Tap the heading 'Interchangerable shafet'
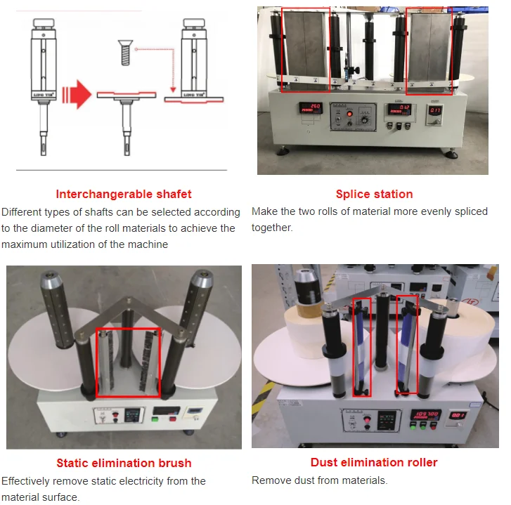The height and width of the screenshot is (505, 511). tap(124, 194)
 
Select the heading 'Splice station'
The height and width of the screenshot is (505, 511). tap(374, 194)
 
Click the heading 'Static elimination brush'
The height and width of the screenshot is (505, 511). tap(124, 463)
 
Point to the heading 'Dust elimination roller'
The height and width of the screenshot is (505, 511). tap(374, 462)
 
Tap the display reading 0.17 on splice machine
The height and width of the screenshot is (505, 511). tap(436, 110)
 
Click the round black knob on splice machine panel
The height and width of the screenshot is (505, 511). tap(364, 119)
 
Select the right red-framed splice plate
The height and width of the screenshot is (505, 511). tap(428, 48)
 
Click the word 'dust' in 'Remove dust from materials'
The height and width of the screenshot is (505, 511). tap(309, 480)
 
